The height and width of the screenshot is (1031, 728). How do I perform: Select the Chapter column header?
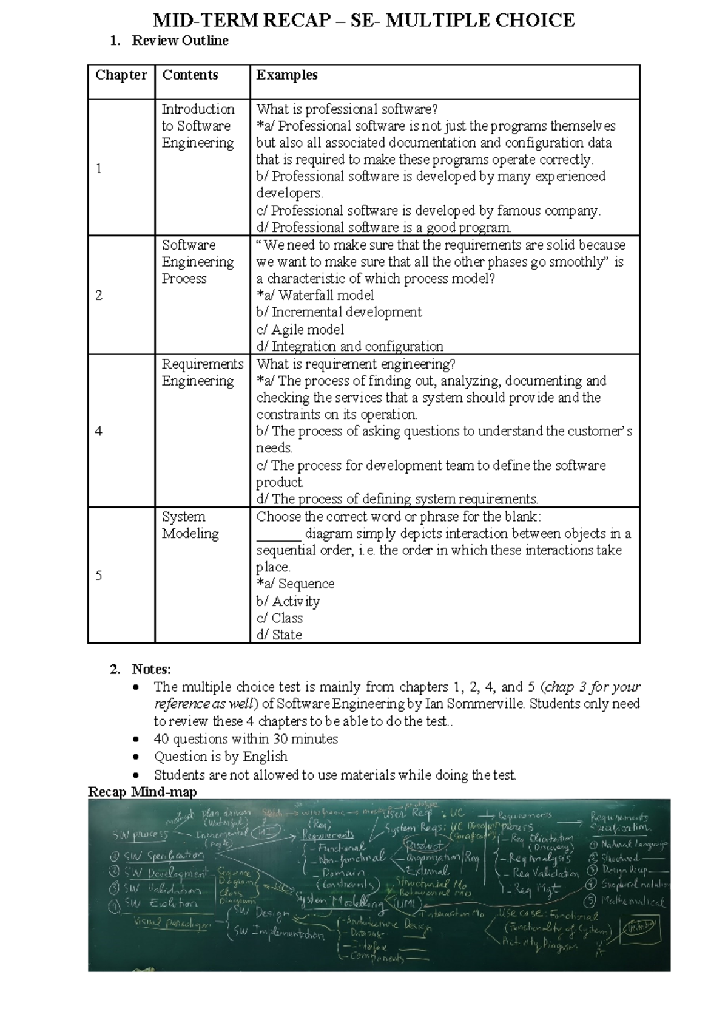[x=121, y=75]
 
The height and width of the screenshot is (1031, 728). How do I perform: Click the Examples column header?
[x=287, y=75]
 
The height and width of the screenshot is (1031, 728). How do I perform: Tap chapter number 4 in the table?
[x=99, y=432]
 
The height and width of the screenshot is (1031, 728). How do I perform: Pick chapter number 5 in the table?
[x=99, y=576]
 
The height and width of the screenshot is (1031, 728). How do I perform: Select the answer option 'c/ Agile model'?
[x=300, y=330]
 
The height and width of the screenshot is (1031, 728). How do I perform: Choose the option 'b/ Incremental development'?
[x=339, y=313]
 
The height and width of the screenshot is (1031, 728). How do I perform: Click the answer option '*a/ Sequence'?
[x=295, y=584]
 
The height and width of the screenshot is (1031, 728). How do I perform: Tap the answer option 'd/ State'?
[x=278, y=635]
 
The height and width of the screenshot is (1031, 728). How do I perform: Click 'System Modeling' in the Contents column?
[x=190, y=525]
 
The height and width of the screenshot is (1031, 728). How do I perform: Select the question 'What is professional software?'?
[x=346, y=109]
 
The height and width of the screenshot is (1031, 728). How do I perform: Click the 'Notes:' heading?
[x=151, y=669]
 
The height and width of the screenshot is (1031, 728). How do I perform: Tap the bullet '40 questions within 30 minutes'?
[x=246, y=740]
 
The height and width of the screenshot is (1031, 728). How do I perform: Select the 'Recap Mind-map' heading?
[x=143, y=792]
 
